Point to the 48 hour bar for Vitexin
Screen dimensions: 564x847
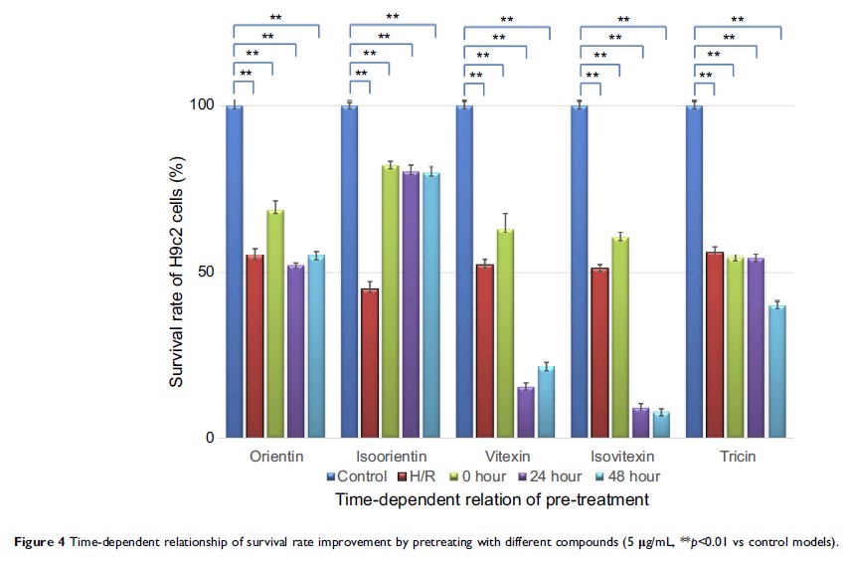tap(546, 402)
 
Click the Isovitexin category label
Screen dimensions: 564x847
tap(619, 457)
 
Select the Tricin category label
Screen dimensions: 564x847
tap(735, 457)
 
